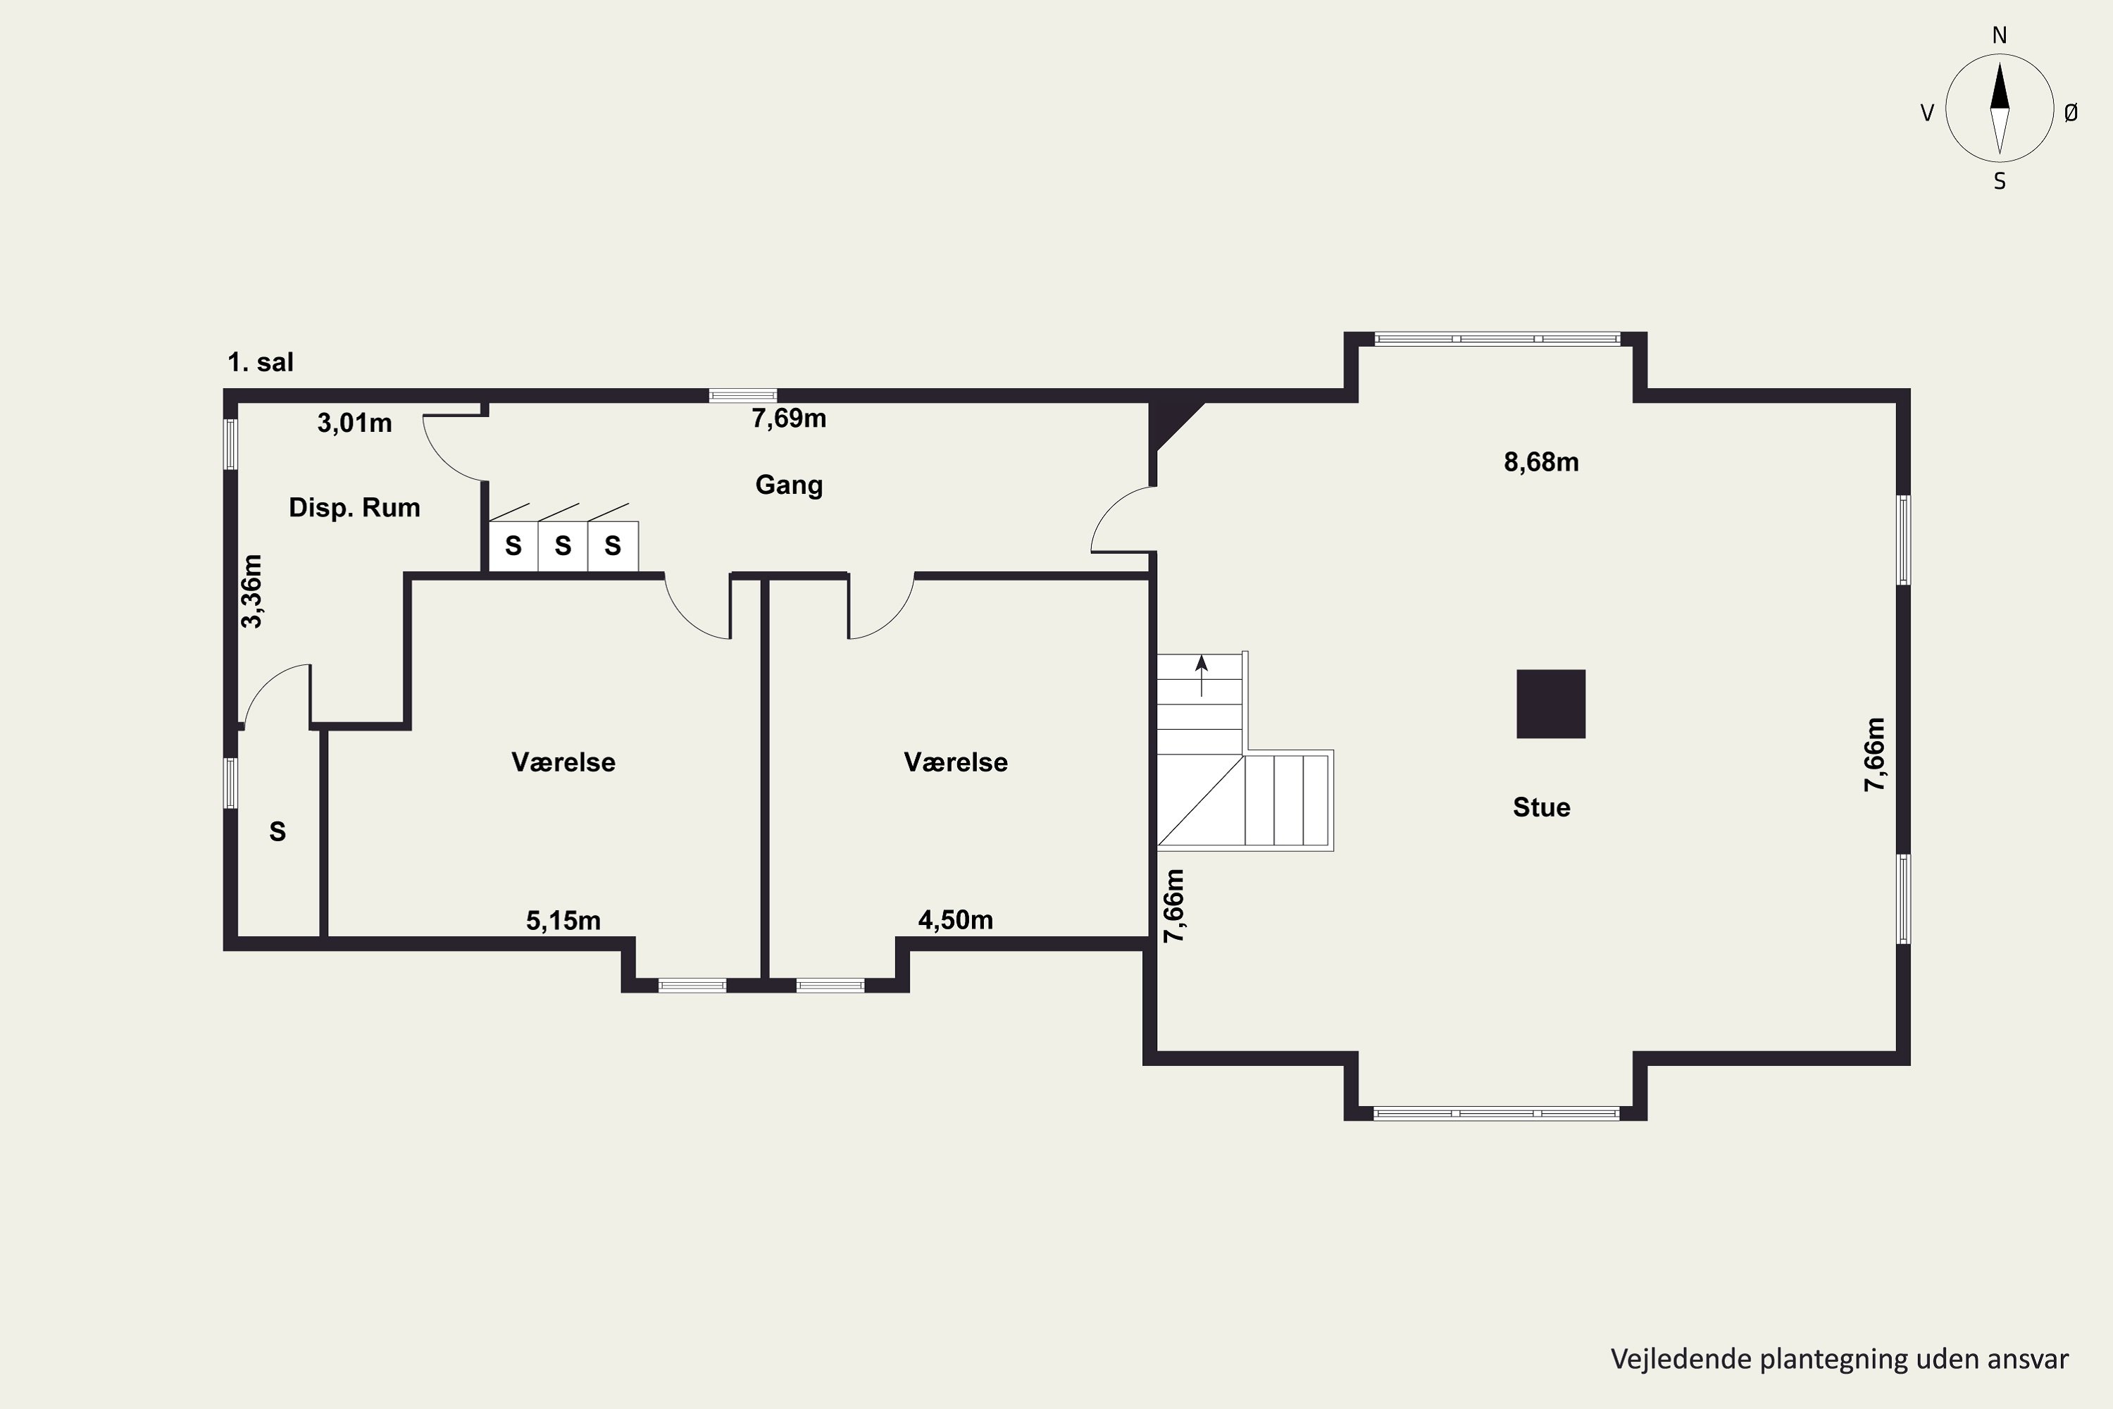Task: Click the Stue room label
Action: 1542,807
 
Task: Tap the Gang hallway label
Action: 789,485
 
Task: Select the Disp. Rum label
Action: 354,508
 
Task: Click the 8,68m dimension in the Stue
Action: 1541,462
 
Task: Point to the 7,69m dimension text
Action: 789,418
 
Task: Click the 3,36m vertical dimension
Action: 252,590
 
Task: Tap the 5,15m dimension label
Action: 563,920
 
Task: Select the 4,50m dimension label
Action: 955,919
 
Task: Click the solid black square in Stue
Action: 1551,704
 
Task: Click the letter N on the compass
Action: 1999,35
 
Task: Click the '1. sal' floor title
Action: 261,362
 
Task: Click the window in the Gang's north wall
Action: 743,395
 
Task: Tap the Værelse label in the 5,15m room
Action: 563,762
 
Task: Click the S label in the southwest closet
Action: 278,831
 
